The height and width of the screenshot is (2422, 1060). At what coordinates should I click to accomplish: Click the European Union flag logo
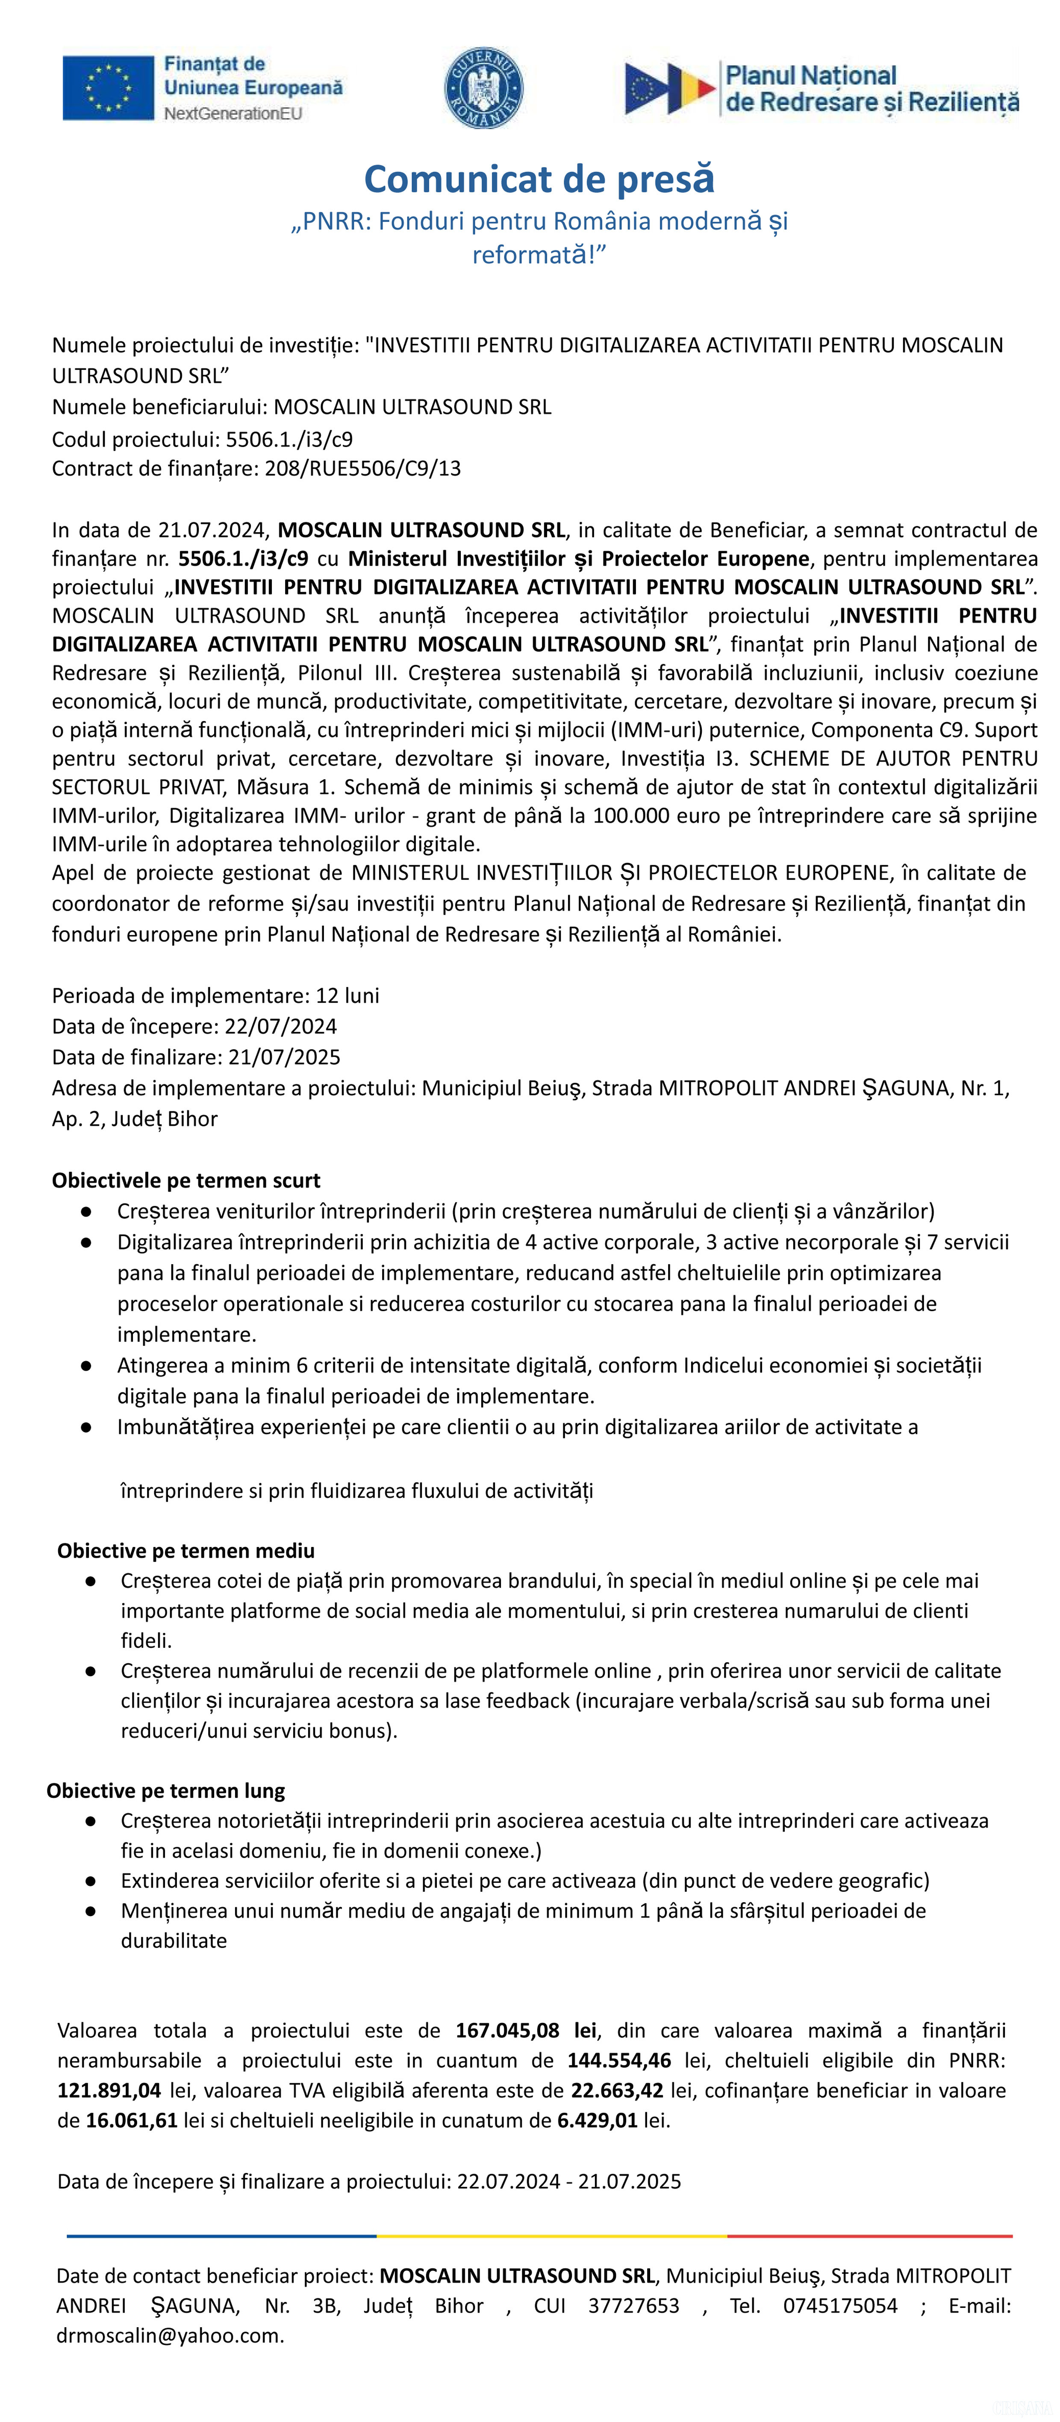(x=108, y=88)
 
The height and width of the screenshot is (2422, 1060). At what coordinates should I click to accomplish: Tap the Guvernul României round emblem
(x=483, y=88)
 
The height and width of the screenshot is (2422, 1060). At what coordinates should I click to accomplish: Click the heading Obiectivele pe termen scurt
(x=186, y=1180)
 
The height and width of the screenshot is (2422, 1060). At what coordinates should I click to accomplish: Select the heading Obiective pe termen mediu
(x=186, y=1550)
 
